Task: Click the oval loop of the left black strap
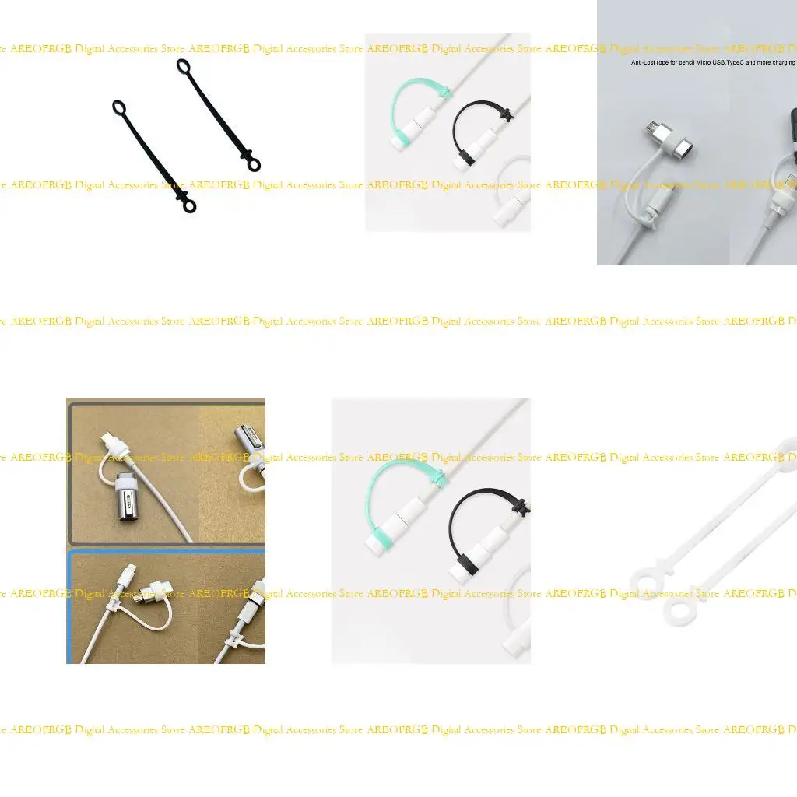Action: pyautogui.click(x=119, y=107)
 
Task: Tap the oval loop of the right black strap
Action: pyautogui.click(x=183, y=66)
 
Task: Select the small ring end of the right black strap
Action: pyautogui.click(x=254, y=164)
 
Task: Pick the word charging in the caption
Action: pyautogui.click(x=784, y=62)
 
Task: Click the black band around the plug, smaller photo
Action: pyautogui.click(x=462, y=162)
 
